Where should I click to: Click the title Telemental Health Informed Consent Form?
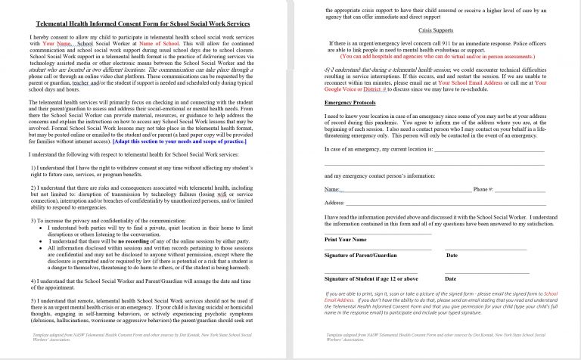click(x=144, y=25)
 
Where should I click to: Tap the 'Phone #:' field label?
click(x=483, y=188)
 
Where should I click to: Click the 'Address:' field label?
click(x=334, y=203)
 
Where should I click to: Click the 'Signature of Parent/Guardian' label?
click(x=366, y=255)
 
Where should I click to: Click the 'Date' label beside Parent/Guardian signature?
click(x=452, y=255)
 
